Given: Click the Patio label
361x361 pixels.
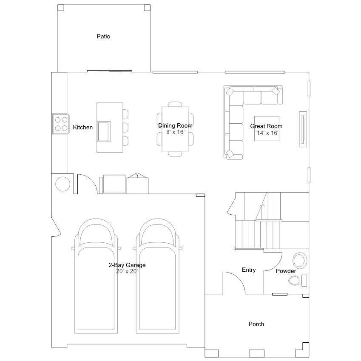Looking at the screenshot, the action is coord(103,37).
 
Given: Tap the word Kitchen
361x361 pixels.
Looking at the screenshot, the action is coord(82,127).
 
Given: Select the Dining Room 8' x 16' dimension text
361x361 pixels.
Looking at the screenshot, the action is coord(176,132).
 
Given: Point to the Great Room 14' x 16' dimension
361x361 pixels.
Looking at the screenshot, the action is coord(268,133).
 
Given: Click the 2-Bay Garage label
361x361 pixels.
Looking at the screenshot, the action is coord(127,265).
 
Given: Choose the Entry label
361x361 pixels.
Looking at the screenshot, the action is coord(249,270).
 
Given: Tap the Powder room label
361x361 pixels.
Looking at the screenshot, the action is coord(286,271).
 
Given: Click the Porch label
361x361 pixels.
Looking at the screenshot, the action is coord(256,324).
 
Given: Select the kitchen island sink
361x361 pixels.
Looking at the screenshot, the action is coord(104,131).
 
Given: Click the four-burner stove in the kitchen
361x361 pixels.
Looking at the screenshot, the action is coord(61,124).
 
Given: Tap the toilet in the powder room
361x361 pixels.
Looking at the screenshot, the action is coord(298,280).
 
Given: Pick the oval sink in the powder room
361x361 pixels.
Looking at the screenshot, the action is coord(300,261).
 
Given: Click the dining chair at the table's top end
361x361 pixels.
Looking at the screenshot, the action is coord(175,104).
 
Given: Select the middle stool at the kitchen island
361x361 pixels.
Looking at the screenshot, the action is coord(125,127).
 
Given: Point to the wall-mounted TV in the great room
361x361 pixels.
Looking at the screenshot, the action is coord(303,129).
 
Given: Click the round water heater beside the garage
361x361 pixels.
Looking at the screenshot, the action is coord(63,184).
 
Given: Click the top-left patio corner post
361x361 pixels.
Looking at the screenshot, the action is coord(61,8).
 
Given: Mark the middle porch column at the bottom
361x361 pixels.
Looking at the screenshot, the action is coord(257,353).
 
